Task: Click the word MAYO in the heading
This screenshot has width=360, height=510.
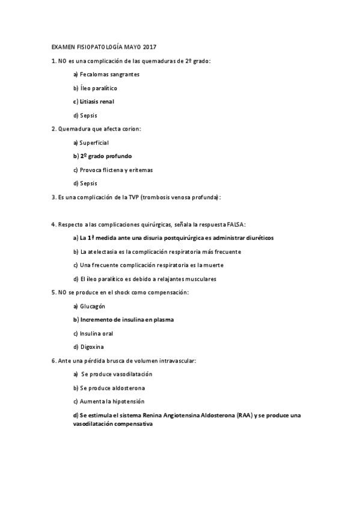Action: coord(132,47)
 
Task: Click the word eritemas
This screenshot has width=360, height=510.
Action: coord(139,170)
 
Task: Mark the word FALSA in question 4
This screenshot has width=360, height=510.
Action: coord(235,224)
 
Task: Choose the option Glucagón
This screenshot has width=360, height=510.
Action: coord(93,306)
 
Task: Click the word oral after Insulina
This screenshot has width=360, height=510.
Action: coord(108,333)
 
